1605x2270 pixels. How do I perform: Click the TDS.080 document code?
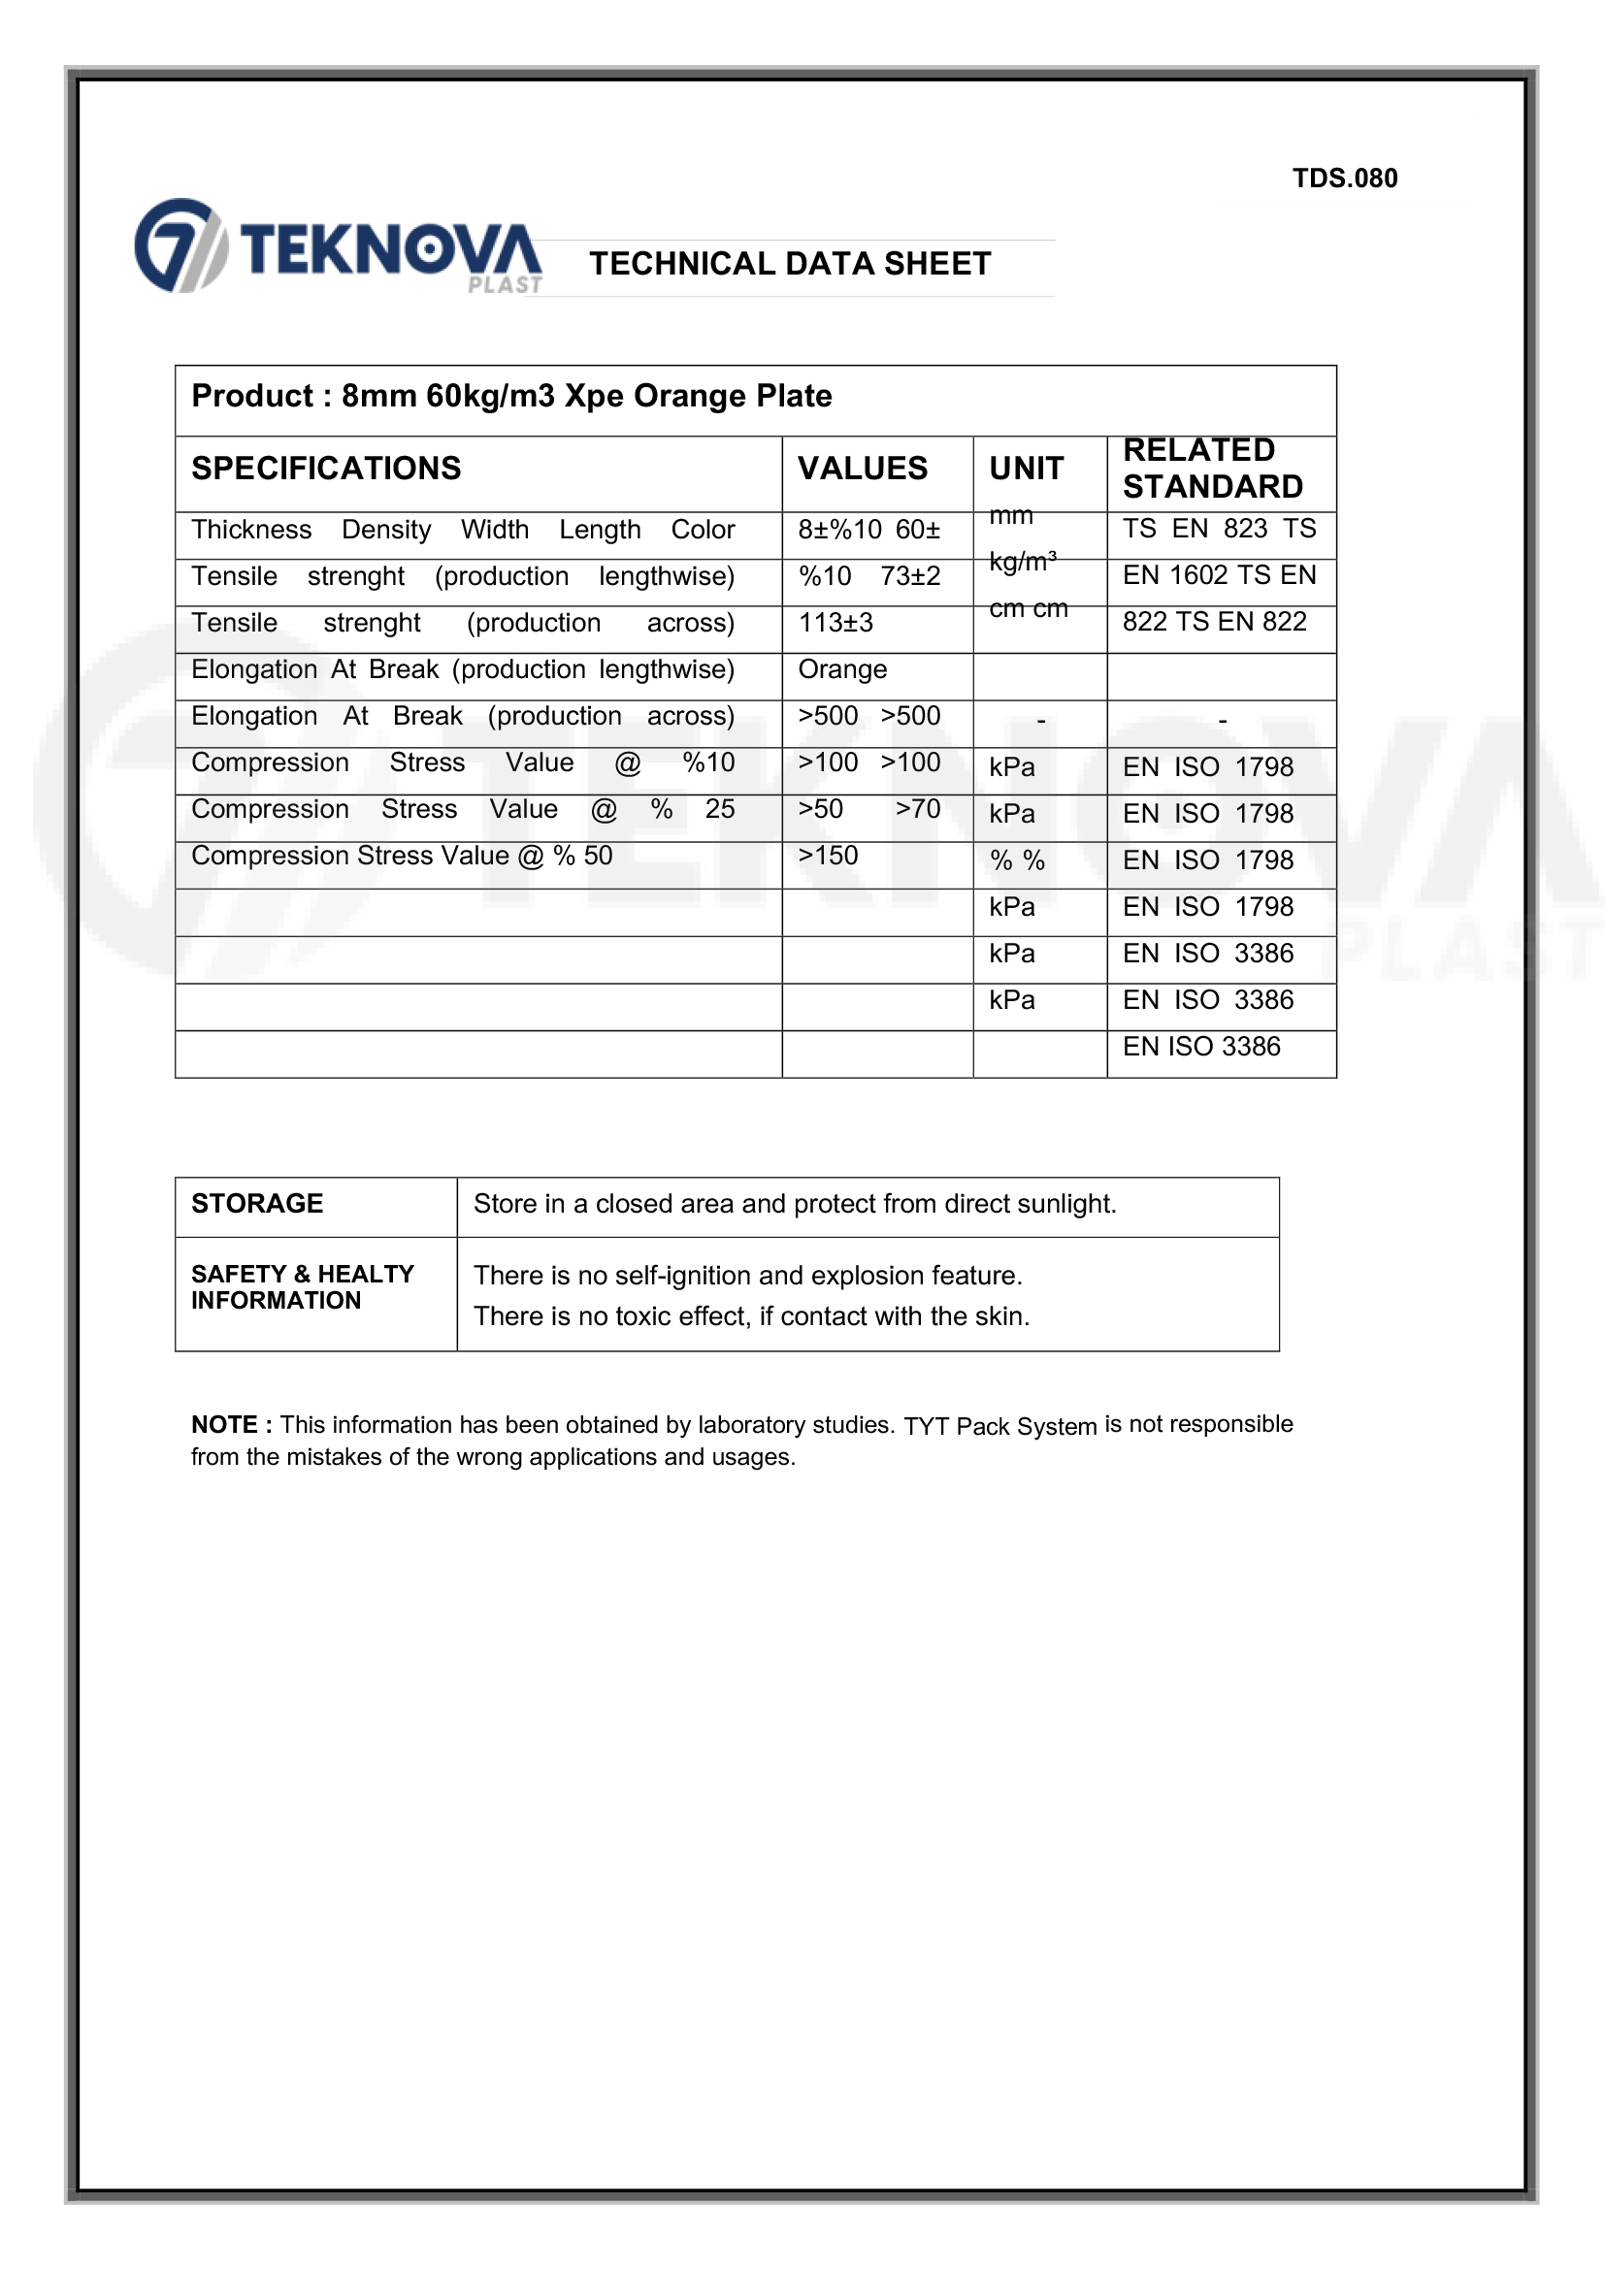(1344, 178)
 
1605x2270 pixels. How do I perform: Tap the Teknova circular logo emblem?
(179, 245)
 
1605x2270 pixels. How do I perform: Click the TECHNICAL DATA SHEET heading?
(789, 264)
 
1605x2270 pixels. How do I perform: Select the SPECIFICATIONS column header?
(325, 468)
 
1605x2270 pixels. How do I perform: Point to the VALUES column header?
(863, 468)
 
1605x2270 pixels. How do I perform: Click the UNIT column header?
(1026, 468)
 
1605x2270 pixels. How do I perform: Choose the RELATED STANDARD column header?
(1211, 468)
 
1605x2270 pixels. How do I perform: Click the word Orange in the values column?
(841, 669)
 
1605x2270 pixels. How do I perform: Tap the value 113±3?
(835, 623)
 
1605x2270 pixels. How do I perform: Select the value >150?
(828, 856)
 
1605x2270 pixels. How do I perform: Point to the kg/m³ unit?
(1023, 563)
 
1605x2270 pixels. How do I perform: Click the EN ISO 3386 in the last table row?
(1200, 1046)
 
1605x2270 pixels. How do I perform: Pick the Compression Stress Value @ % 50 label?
(402, 856)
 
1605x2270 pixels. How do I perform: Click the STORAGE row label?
(257, 1203)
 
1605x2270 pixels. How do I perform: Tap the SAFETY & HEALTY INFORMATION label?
(302, 1286)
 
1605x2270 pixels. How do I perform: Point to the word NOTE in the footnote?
(224, 1425)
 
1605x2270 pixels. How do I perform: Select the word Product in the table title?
(251, 396)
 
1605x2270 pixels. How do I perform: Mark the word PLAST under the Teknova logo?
(505, 285)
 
